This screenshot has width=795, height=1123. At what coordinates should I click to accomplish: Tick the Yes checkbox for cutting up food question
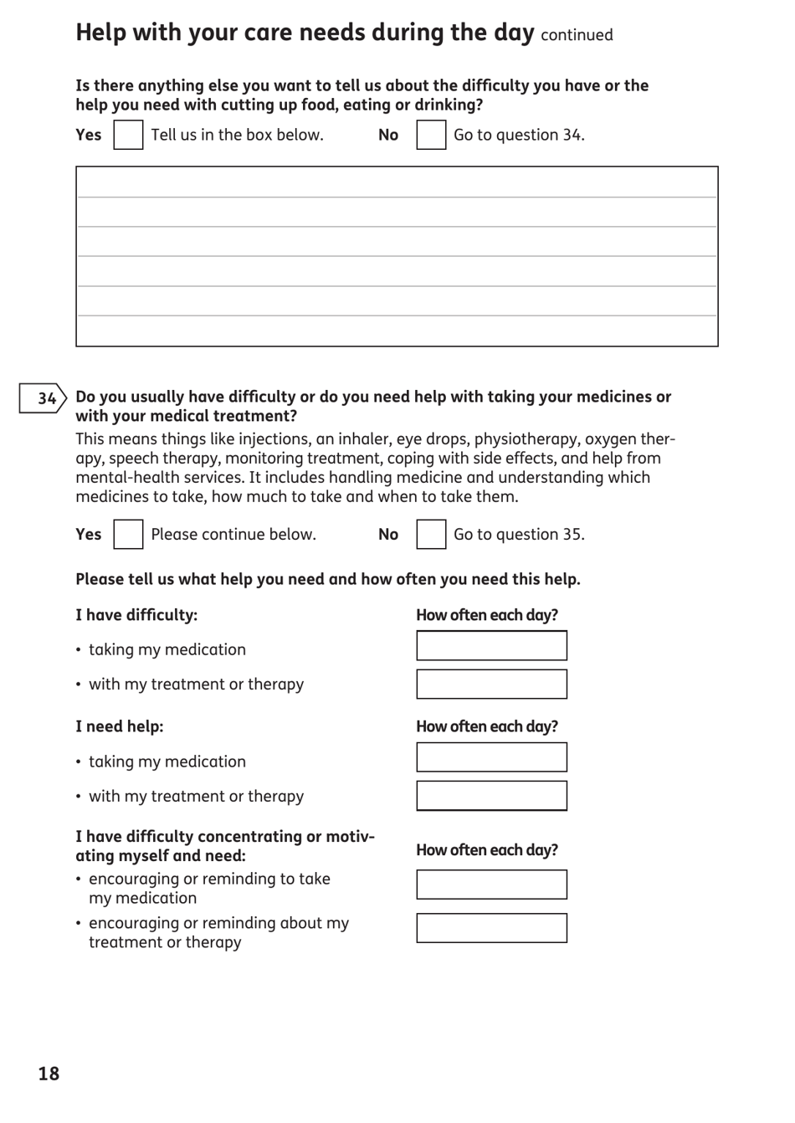coord(128,135)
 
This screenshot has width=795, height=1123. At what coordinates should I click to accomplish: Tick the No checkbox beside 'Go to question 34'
coord(431,135)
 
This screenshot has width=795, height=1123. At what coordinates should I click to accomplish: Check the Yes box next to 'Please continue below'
coord(128,534)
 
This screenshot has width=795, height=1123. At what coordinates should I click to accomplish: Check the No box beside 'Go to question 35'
coord(431,534)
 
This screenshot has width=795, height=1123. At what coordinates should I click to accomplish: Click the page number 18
coord(49,1074)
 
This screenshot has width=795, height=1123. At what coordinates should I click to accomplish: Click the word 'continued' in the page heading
coord(577,35)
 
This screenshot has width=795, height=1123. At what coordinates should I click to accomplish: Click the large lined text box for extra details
coord(397,256)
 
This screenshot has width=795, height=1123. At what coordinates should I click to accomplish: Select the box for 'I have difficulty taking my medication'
coord(491,646)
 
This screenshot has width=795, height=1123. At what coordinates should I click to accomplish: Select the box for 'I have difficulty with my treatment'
coord(491,684)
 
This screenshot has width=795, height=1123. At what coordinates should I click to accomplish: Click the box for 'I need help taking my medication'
coord(491,757)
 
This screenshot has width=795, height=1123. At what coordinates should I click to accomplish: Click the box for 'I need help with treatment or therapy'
coord(491,796)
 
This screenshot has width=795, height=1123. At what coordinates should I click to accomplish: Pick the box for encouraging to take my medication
coord(491,885)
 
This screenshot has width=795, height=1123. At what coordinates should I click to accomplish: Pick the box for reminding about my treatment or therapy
coord(491,928)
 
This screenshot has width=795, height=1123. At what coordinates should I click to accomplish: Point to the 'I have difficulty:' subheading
coord(136,615)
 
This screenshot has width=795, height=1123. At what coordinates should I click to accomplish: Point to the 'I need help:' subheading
coord(120,726)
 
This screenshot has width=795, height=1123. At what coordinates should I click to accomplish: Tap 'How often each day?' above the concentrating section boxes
coord(487,850)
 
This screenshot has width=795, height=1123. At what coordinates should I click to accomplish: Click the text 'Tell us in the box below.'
coord(237,135)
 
